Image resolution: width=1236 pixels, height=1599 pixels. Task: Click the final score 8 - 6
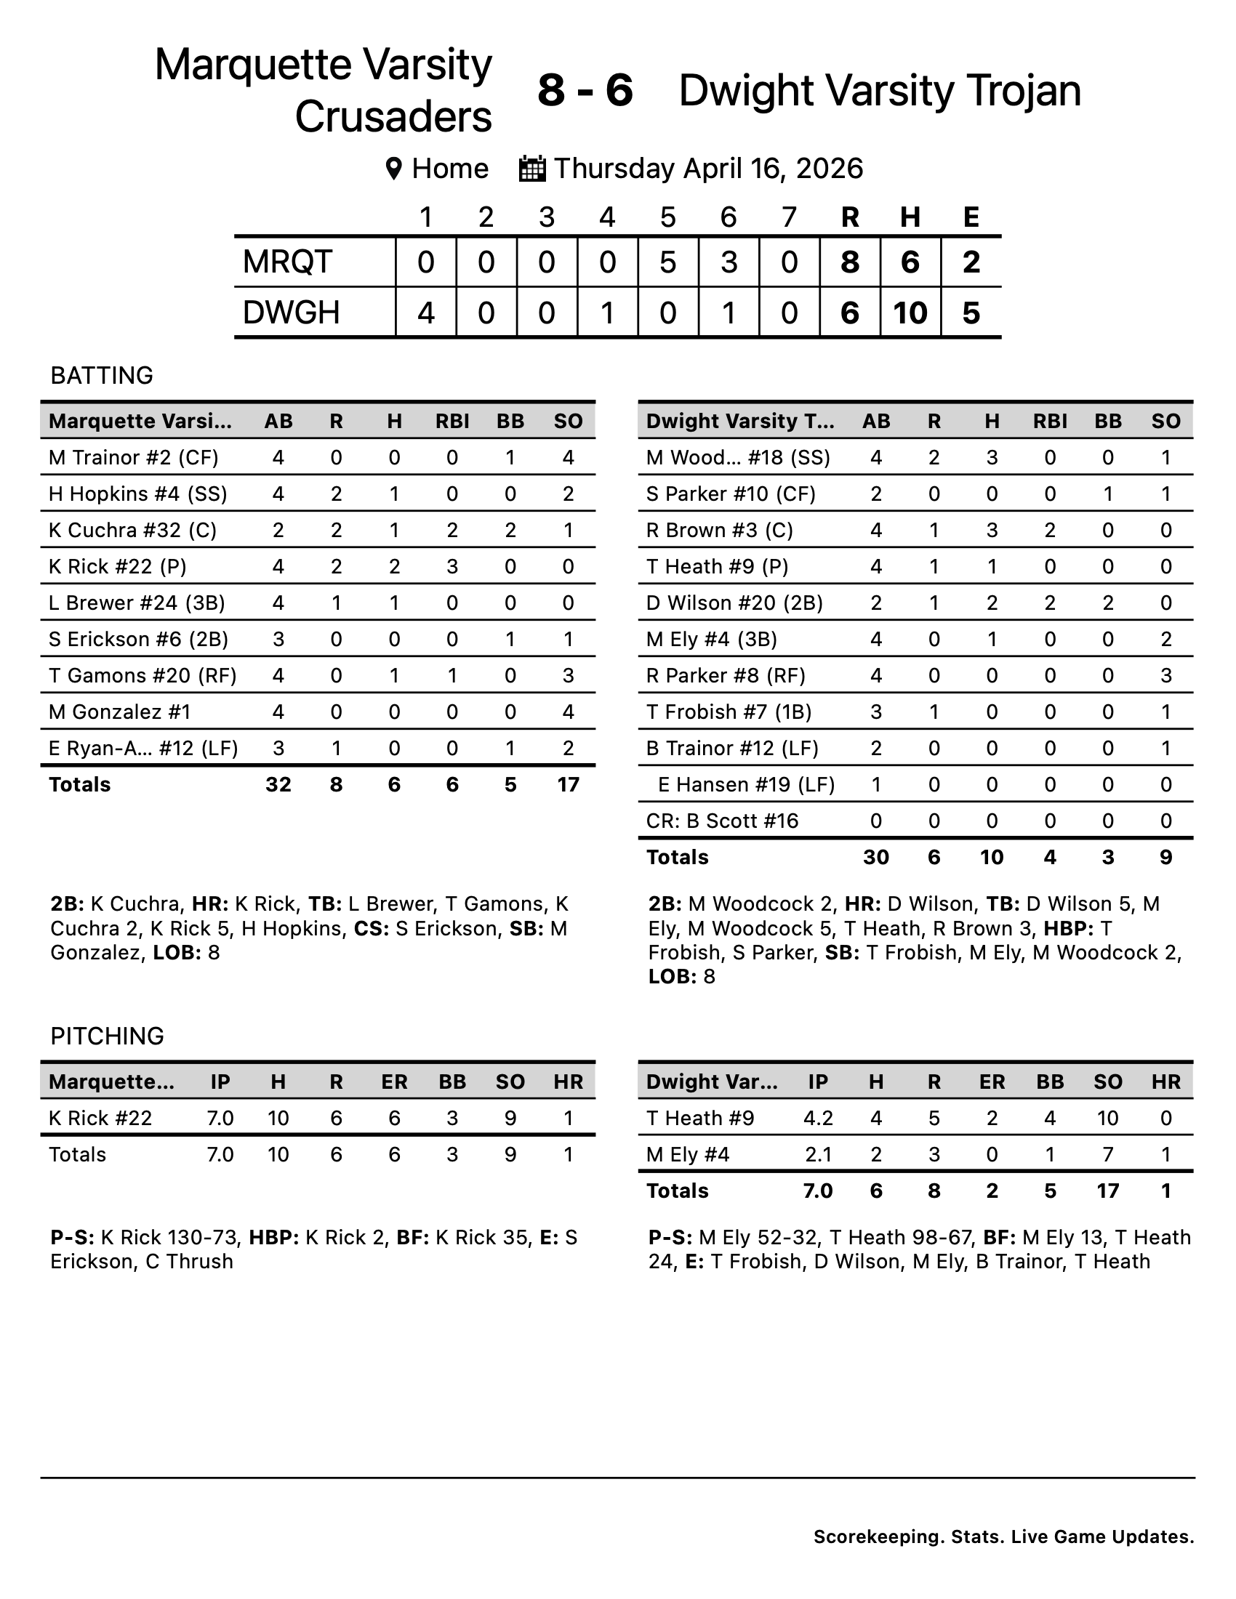click(585, 91)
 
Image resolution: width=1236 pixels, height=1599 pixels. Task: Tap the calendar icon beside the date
click(531, 169)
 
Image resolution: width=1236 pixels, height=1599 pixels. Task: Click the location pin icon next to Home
click(393, 169)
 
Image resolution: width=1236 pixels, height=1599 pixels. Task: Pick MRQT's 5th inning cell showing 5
click(667, 262)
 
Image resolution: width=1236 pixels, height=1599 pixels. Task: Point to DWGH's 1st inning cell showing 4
click(425, 313)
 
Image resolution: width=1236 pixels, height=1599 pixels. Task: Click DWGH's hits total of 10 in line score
click(910, 313)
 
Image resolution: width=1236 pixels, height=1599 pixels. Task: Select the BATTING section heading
click(102, 375)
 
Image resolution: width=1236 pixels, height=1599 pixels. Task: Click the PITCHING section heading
click(107, 1036)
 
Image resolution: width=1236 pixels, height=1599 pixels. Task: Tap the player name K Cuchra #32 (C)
click(132, 530)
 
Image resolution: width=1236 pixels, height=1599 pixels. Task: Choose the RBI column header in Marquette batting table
click(452, 421)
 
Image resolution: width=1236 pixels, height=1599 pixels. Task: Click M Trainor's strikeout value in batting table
click(568, 458)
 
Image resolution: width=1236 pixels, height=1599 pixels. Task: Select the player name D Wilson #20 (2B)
click(734, 603)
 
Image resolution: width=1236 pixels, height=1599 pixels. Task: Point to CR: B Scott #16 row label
click(721, 821)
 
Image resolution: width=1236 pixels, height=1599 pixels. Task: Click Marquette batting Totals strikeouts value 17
click(568, 784)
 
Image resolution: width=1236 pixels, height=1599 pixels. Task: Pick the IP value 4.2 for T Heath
click(817, 1118)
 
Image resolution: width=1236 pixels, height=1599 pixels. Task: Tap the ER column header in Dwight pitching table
click(992, 1082)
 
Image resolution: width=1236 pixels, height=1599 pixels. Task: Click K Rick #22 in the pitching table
click(100, 1118)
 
